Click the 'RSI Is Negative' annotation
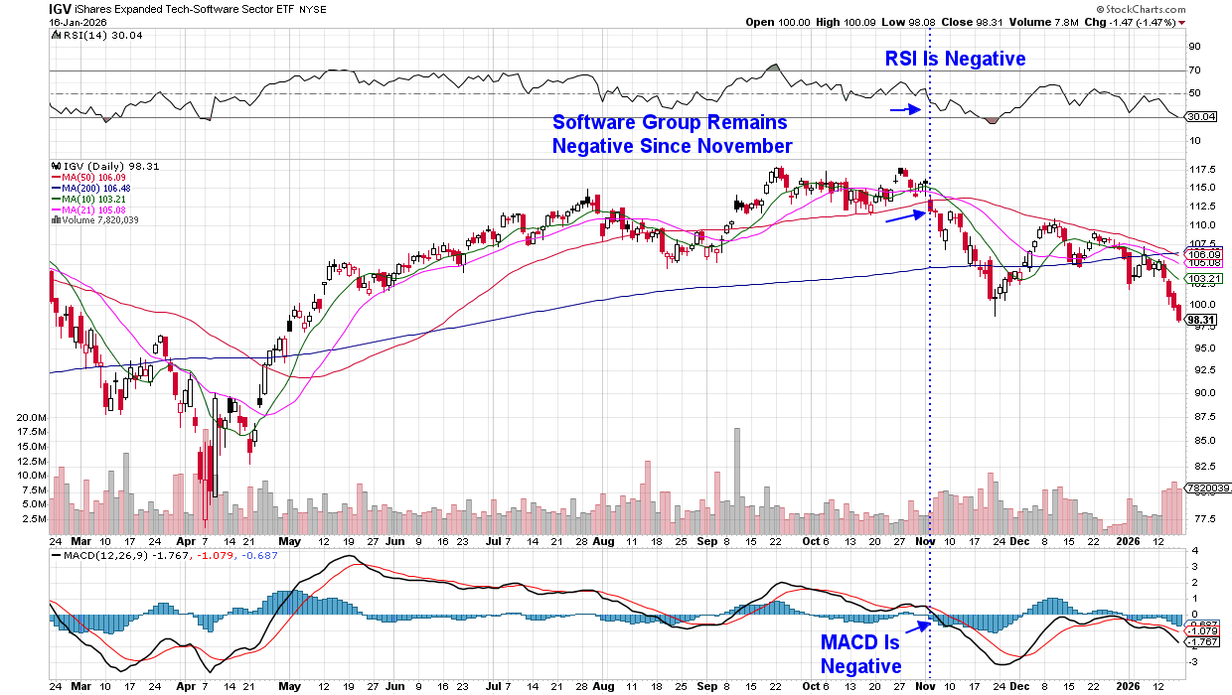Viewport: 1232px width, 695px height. pyautogui.click(x=955, y=59)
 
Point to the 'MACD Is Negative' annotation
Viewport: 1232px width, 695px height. pyautogui.click(x=859, y=654)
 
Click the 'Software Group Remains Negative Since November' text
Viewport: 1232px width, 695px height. pyautogui.click(x=672, y=134)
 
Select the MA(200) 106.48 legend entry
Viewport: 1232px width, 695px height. pyautogui.click(x=95, y=189)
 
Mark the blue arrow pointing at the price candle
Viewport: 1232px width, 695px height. pyautogui.click(x=903, y=215)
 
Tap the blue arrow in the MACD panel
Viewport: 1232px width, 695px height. pyautogui.click(x=917, y=625)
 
